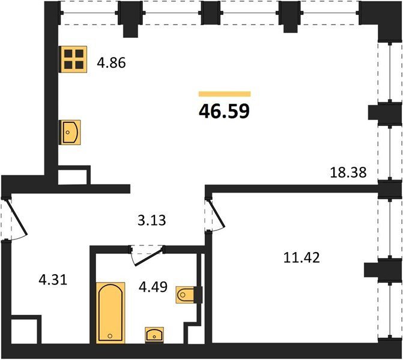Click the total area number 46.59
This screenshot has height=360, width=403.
(x=224, y=111)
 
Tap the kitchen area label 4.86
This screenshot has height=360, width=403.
(x=111, y=62)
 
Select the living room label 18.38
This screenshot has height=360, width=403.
(x=348, y=172)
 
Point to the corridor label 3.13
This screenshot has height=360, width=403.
(x=151, y=220)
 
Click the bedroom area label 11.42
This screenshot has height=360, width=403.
(x=301, y=257)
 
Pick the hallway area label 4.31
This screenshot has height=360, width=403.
(x=53, y=280)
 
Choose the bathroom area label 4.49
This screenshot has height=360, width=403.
(x=153, y=287)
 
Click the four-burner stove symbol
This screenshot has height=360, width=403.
(x=73, y=59)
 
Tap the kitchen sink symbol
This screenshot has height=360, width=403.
(x=70, y=132)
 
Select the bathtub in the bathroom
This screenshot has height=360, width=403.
(x=111, y=313)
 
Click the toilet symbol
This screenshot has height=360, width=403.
(x=185, y=295)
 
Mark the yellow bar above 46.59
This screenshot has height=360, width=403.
(x=225, y=94)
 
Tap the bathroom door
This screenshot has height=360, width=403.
(x=147, y=256)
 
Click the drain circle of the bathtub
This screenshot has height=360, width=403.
(x=110, y=336)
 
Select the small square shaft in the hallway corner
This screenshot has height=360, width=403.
(x=26, y=329)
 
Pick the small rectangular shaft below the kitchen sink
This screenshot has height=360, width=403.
(x=74, y=175)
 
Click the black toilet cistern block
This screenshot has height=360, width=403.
(x=198, y=295)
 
